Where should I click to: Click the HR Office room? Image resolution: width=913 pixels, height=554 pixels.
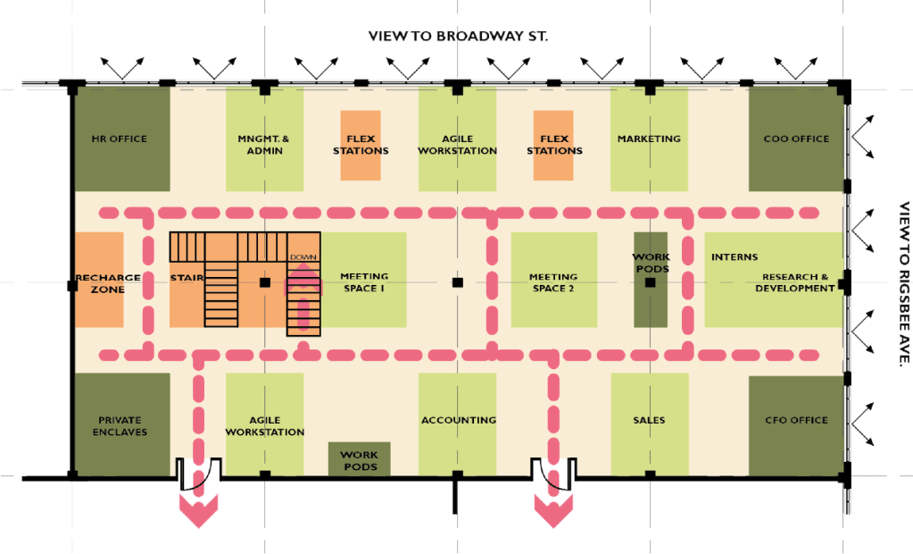[x=120, y=138]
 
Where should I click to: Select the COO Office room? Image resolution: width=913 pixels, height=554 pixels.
[x=796, y=138]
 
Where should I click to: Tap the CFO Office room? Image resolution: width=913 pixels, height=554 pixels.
[x=796, y=420]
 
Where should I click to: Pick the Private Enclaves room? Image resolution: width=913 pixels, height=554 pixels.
[x=120, y=425]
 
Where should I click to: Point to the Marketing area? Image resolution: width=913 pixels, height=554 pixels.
[x=649, y=138]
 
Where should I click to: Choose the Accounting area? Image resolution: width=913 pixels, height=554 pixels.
[x=458, y=420]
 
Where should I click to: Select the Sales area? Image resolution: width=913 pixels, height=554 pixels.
[x=649, y=420]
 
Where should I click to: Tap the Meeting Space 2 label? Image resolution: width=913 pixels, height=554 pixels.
[x=552, y=282]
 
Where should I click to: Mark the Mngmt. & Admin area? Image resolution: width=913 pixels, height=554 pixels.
[x=264, y=145]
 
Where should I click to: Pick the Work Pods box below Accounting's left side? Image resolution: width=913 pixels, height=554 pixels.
[x=359, y=460]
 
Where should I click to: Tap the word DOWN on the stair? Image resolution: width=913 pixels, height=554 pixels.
[x=303, y=257]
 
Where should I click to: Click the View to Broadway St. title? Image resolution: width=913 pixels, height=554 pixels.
[x=457, y=37]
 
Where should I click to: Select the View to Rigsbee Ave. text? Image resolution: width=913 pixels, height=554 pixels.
[x=902, y=282]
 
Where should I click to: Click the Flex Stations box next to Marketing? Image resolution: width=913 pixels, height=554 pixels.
[x=553, y=145]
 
